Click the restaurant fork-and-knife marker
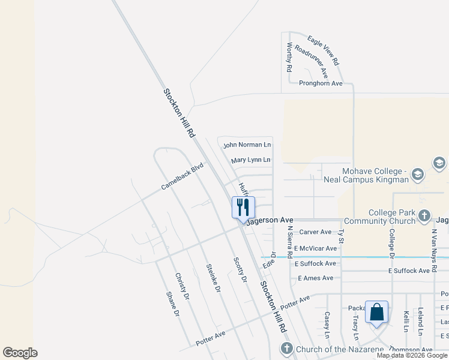pyautogui.click(x=243, y=208)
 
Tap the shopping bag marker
pyautogui.click(x=376, y=312)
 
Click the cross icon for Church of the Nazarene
pyautogui.click(x=287, y=349)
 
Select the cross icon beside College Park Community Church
pyautogui.click(x=424, y=215)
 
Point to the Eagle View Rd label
pyautogui.click(x=324, y=50)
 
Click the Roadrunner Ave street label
pyautogui.click(x=312, y=63)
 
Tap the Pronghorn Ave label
pyautogui.click(x=321, y=83)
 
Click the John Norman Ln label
pyautogui.click(x=247, y=145)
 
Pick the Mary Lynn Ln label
pyautogui.click(x=251, y=160)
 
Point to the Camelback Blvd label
pyautogui.click(x=182, y=178)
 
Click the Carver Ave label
pyautogui.click(x=315, y=232)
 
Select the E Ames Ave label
pyautogui.click(x=315, y=278)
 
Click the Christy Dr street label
pyautogui.click(x=182, y=286)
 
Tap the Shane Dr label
pyautogui.click(x=172, y=304)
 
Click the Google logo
pyautogui.click(x=20, y=353)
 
